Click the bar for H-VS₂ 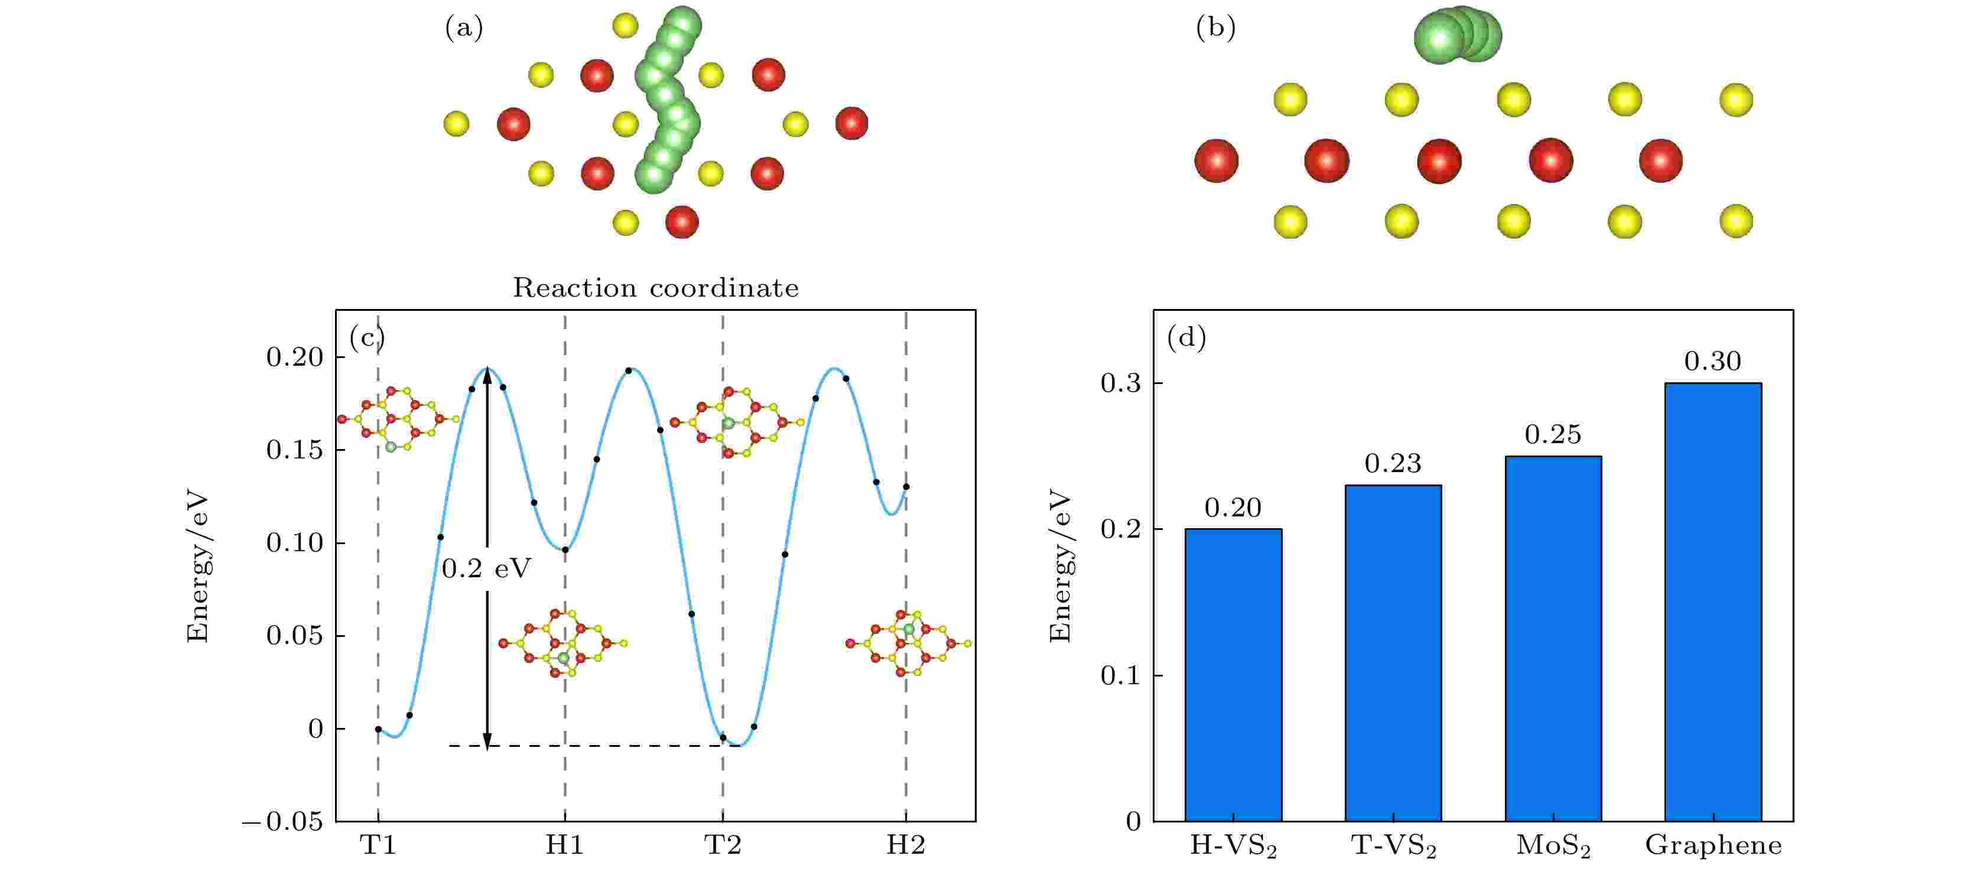click(x=1233, y=675)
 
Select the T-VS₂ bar click(x=1393, y=653)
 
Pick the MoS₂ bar click(x=1553, y=639)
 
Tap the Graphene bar click(x=1713, y=601)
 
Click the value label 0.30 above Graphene click(x=1713, y=361)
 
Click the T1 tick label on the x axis click(x=378, y=845)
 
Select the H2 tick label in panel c click(x=906, y=845)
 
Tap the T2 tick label click(x=723, y=845)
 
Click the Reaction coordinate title click(x=655, y=288)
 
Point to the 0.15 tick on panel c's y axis click(x=295, y=450)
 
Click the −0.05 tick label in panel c click(x=282, y=822)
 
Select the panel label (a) click(x=464, y=28)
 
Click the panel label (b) click(x=1215, y=28)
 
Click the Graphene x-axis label click(x=1713, y=846)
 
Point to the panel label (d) click(x=1186, y=338)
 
